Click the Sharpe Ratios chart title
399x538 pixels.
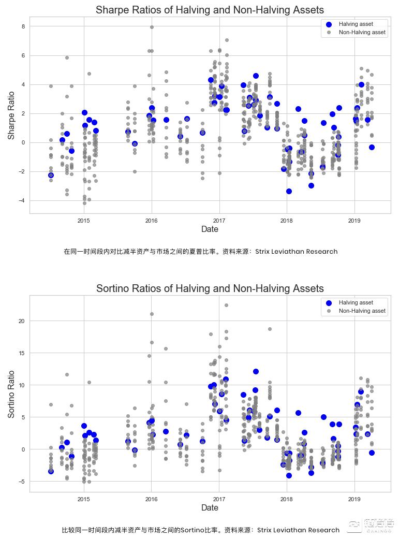click(x=210, y=10)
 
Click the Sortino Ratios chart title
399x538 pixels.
click(x=210, y=288)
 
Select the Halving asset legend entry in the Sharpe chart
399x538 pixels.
click(x=356, y=24)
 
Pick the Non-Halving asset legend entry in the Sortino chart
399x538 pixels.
click(x=362, y=311)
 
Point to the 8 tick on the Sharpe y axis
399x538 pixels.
click(x=23, y=26)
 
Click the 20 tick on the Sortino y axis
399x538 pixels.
click(x=22, y=321)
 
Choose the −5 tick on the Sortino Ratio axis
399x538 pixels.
click(x=22, y=482)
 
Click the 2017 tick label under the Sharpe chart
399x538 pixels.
click(x=219, y=221)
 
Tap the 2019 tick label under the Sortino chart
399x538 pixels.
click(x=354, y=499)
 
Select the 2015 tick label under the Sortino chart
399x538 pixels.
click(x=84, y=499)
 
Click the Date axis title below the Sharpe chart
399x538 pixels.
click(x=210, y=229)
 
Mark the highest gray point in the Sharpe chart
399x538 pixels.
click(x=152, y=27)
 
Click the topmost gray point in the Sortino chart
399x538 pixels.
click(x=226, y=306)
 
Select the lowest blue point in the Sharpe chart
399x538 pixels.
click(x=289, y=192)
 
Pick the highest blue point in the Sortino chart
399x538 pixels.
click(x=256, y=372)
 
